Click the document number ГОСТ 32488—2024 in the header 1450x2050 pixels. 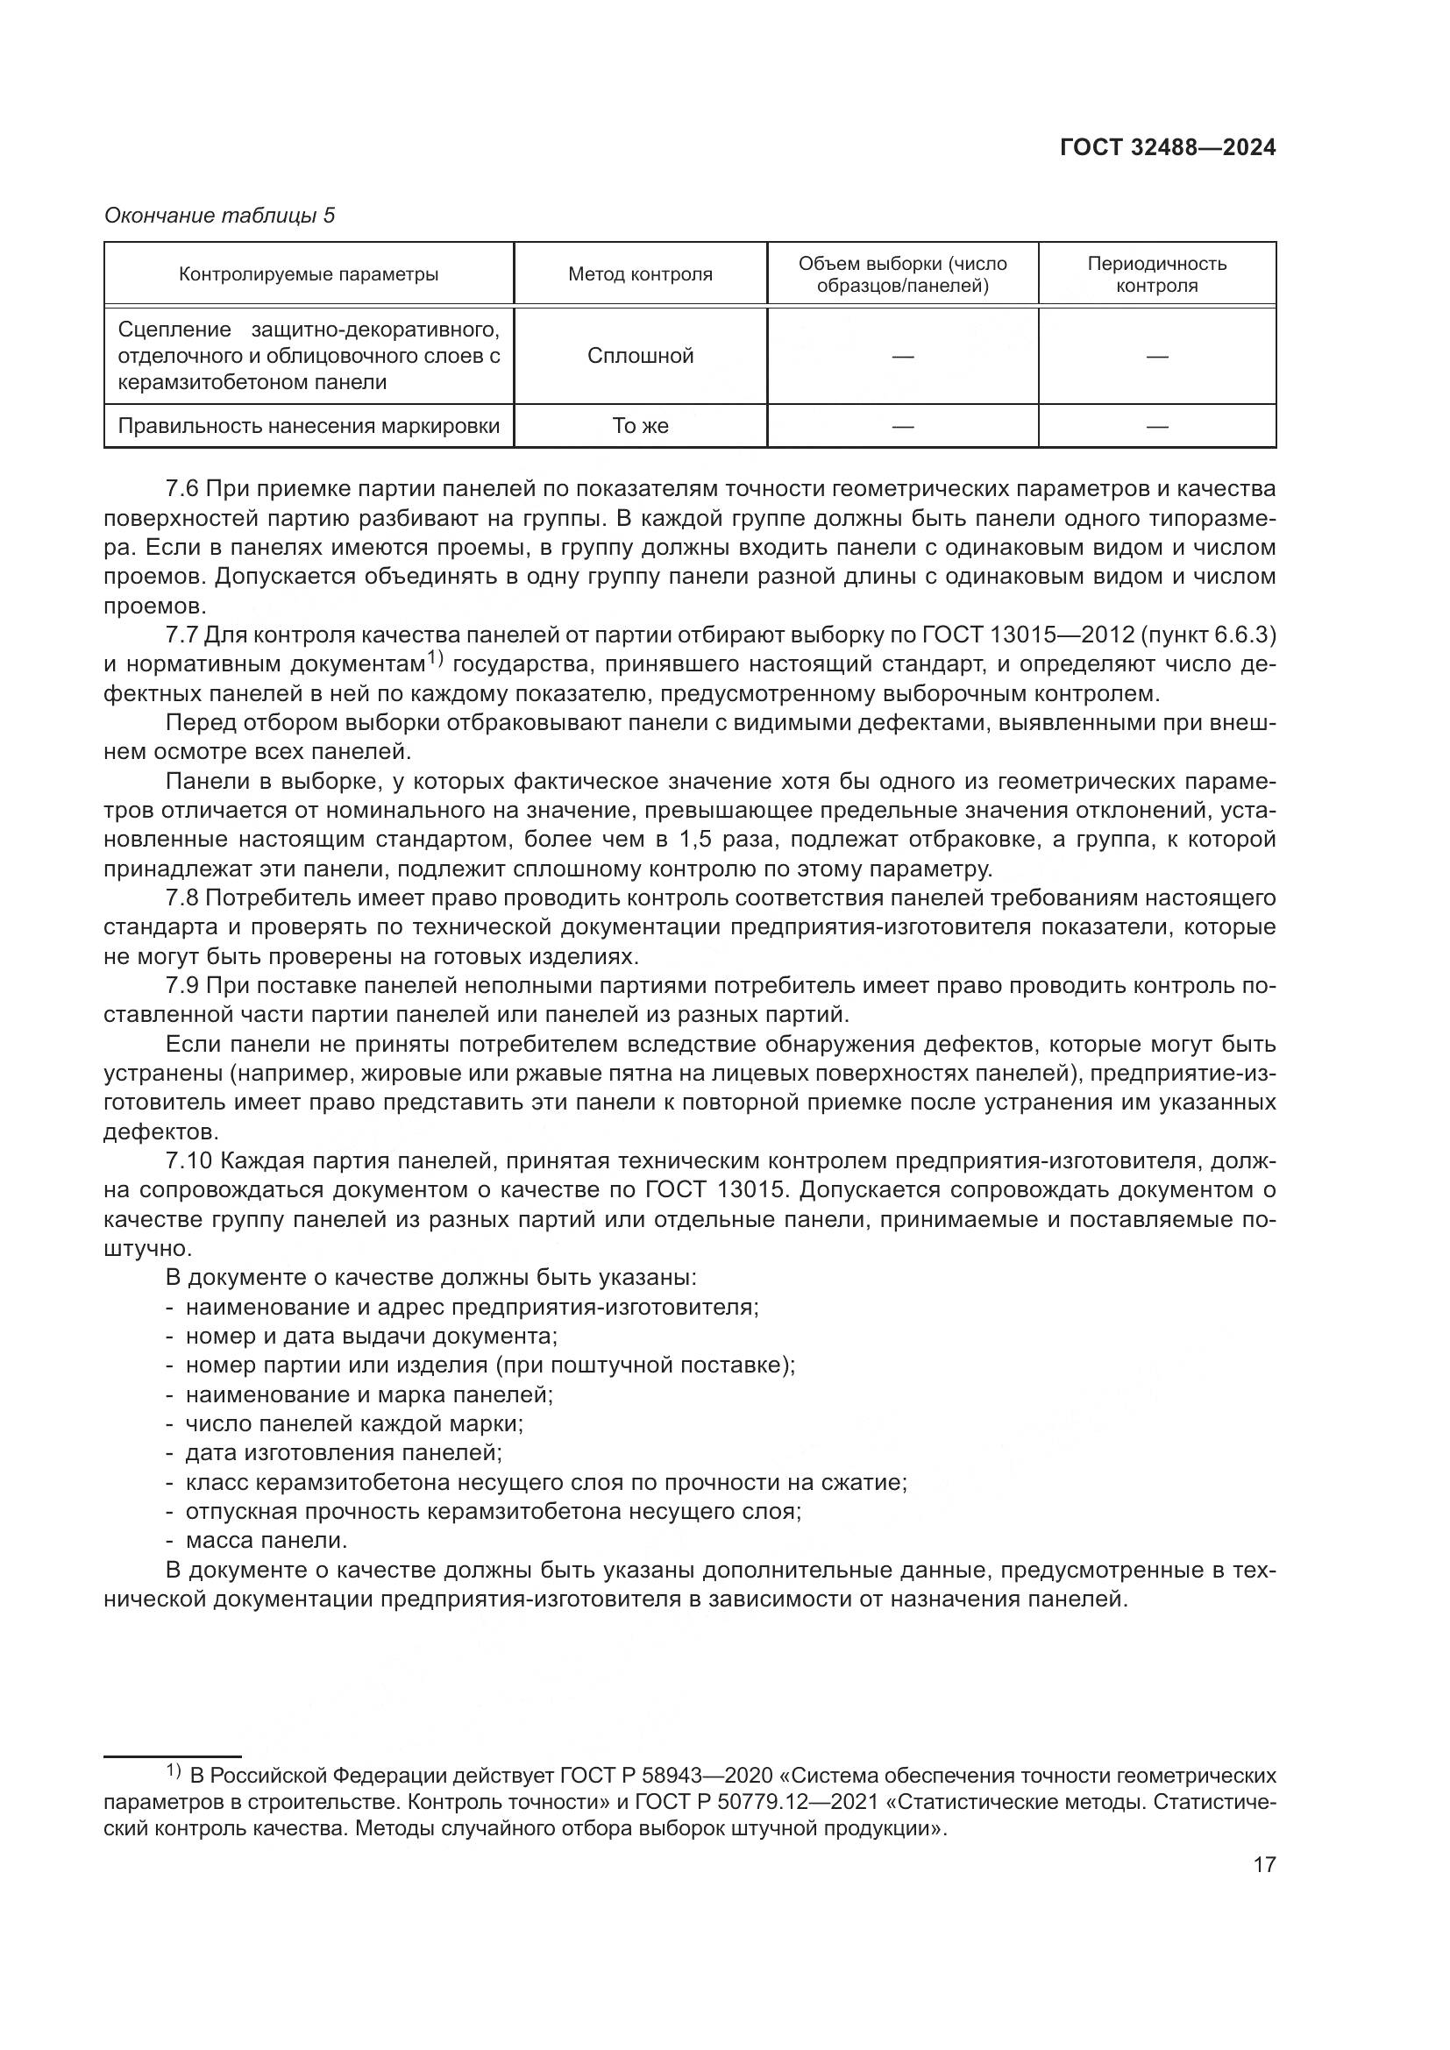coord(1167,147)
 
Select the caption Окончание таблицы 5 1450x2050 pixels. coord(219,216)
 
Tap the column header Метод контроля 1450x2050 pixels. coord(640,274)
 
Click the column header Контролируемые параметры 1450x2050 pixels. coord(308,274)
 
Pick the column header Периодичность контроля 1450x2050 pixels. coord(1156,274)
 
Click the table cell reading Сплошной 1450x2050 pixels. coord(640,356)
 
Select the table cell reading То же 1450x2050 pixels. coord(640,426)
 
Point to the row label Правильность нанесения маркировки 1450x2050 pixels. coord(308,426)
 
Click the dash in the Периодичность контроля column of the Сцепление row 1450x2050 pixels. coord(1156,356)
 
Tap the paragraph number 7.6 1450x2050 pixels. coord(182,488)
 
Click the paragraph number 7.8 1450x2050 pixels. coord(182,897)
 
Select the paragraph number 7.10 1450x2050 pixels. coord(188,1160)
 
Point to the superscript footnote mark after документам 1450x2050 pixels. coord(435,660)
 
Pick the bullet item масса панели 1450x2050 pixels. coord(265,1540)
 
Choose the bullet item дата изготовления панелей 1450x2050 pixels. coord(343,1452)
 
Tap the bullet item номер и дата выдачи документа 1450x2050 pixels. coord(371,1337)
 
